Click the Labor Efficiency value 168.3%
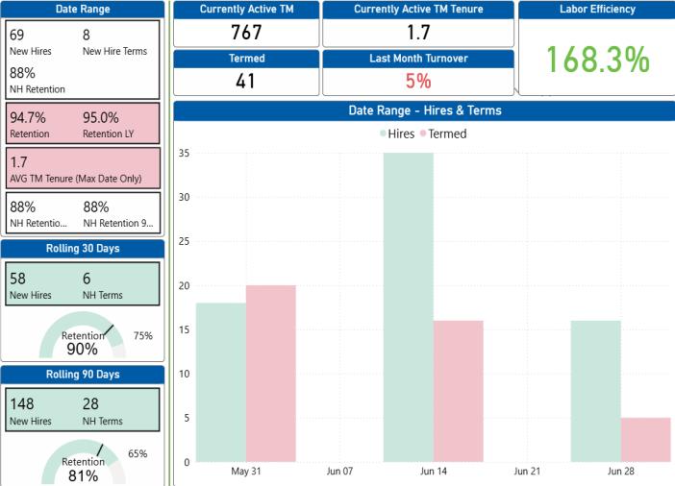tap(597, 60)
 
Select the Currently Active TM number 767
tap(246, 33)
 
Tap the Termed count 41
tap(245, 81)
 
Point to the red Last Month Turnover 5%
tap(418, 81)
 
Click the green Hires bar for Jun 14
tap(408, 307)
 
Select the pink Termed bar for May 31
tap(271, 374)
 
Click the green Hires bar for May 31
tap(221, 382)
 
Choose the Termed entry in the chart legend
tap(443, 134)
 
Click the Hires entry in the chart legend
tap(397, 134)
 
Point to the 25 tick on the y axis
tap(185, 241)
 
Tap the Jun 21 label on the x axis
tap(527, 471)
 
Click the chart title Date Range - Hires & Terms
tap(425, 110)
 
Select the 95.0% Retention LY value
tap(101, 117)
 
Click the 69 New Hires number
tap(16, 35)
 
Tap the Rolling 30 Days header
tap(83, 248)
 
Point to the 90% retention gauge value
tap(83, 349)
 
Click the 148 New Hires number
tap(22, 403)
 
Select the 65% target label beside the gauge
tap(137, 453)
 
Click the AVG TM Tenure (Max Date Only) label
tap(76, 179)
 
